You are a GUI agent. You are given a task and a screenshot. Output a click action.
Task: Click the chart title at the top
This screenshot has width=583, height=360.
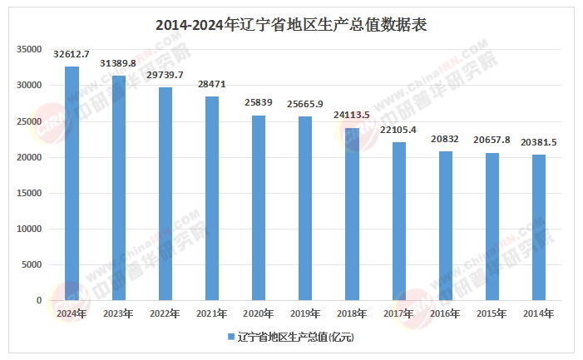point(291,25)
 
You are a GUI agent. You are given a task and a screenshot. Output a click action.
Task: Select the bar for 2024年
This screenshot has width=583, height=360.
point(72,183)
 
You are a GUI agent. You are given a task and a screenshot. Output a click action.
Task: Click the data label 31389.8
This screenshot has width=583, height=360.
point(118,64)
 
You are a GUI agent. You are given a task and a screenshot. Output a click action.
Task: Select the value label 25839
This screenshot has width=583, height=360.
point(259,103)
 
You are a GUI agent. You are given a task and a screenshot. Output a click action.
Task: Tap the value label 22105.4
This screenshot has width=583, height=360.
point(399,131)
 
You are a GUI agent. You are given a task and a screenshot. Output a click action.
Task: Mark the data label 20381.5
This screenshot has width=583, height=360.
point(540,143)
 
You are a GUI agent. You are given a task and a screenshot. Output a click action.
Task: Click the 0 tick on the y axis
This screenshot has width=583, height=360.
point(38,300)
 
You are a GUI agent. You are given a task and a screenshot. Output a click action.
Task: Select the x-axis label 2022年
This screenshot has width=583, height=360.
point(166,313)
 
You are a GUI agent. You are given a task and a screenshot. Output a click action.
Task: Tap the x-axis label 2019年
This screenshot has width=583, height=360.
point(306,313)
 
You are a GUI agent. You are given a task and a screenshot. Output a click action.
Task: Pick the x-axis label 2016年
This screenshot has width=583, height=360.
point(446,313)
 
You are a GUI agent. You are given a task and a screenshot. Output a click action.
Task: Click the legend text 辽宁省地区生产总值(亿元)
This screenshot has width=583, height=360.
point(296,337)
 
